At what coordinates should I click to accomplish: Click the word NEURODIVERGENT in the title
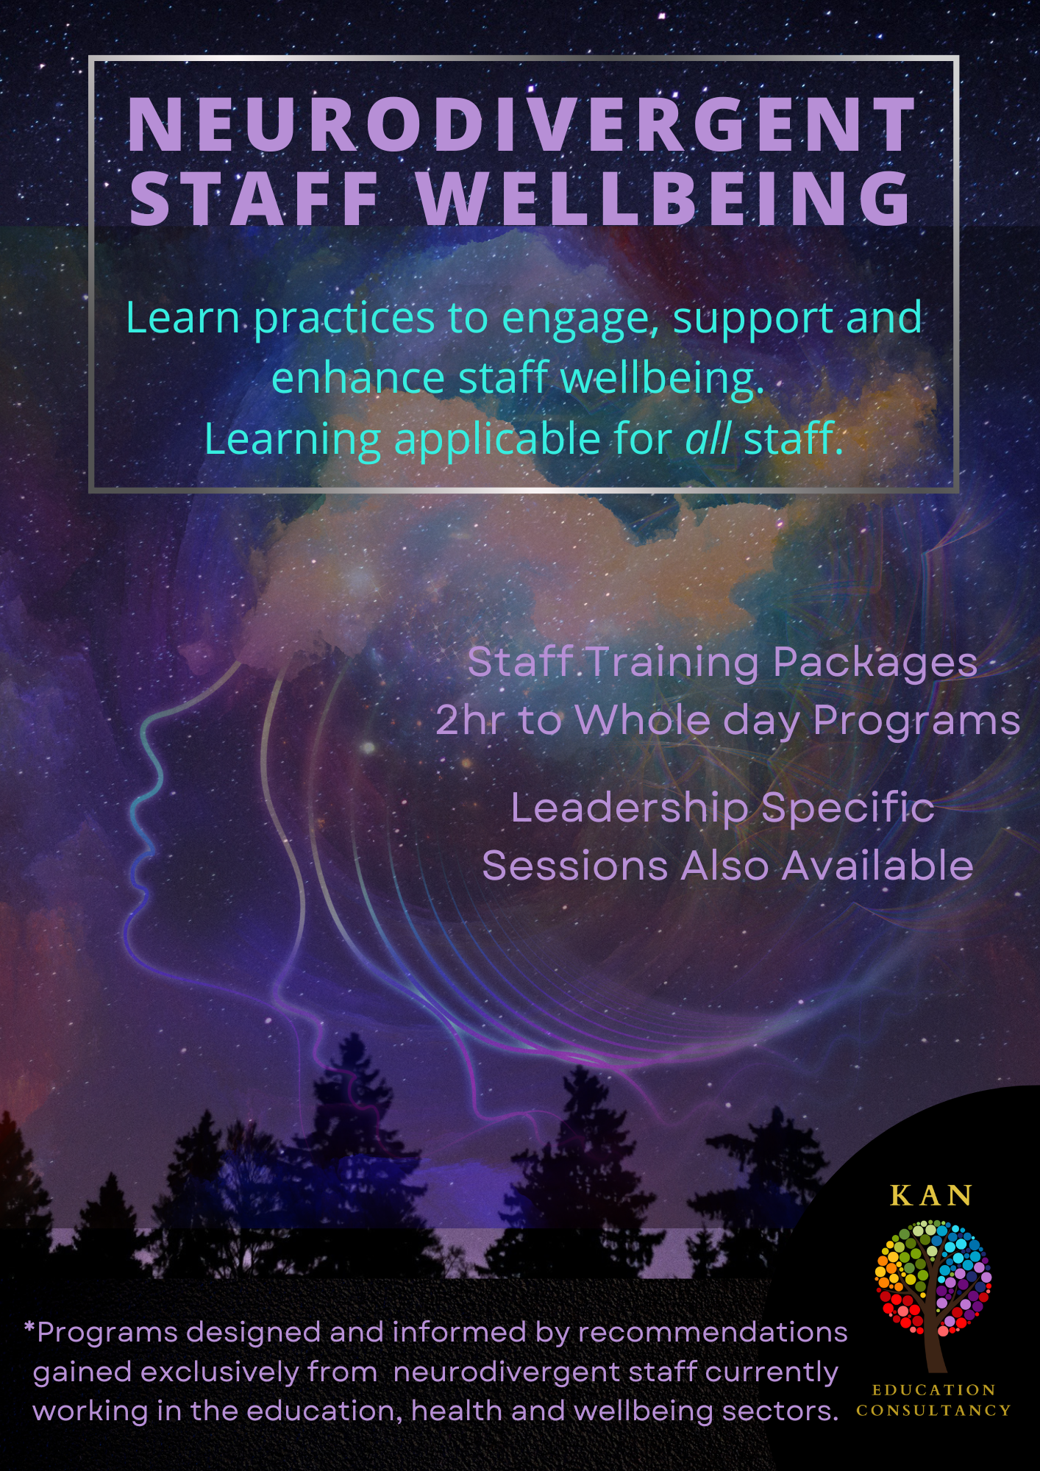pos(521,124)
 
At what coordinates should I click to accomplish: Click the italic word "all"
pos(708,438)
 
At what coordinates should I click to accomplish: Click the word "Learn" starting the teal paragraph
pos(183,318)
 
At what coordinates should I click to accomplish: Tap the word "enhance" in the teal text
pos(358,378)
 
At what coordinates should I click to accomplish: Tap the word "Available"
pos(877,865)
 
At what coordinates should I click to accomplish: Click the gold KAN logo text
pos(931,1196)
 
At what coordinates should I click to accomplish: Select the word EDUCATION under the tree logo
pos(933,1390)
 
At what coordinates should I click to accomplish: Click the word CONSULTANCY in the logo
pos(933,1411)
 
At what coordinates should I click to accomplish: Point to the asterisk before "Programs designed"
pos(29,1328)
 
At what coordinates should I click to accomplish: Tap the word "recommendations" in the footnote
pos(713,1333)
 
